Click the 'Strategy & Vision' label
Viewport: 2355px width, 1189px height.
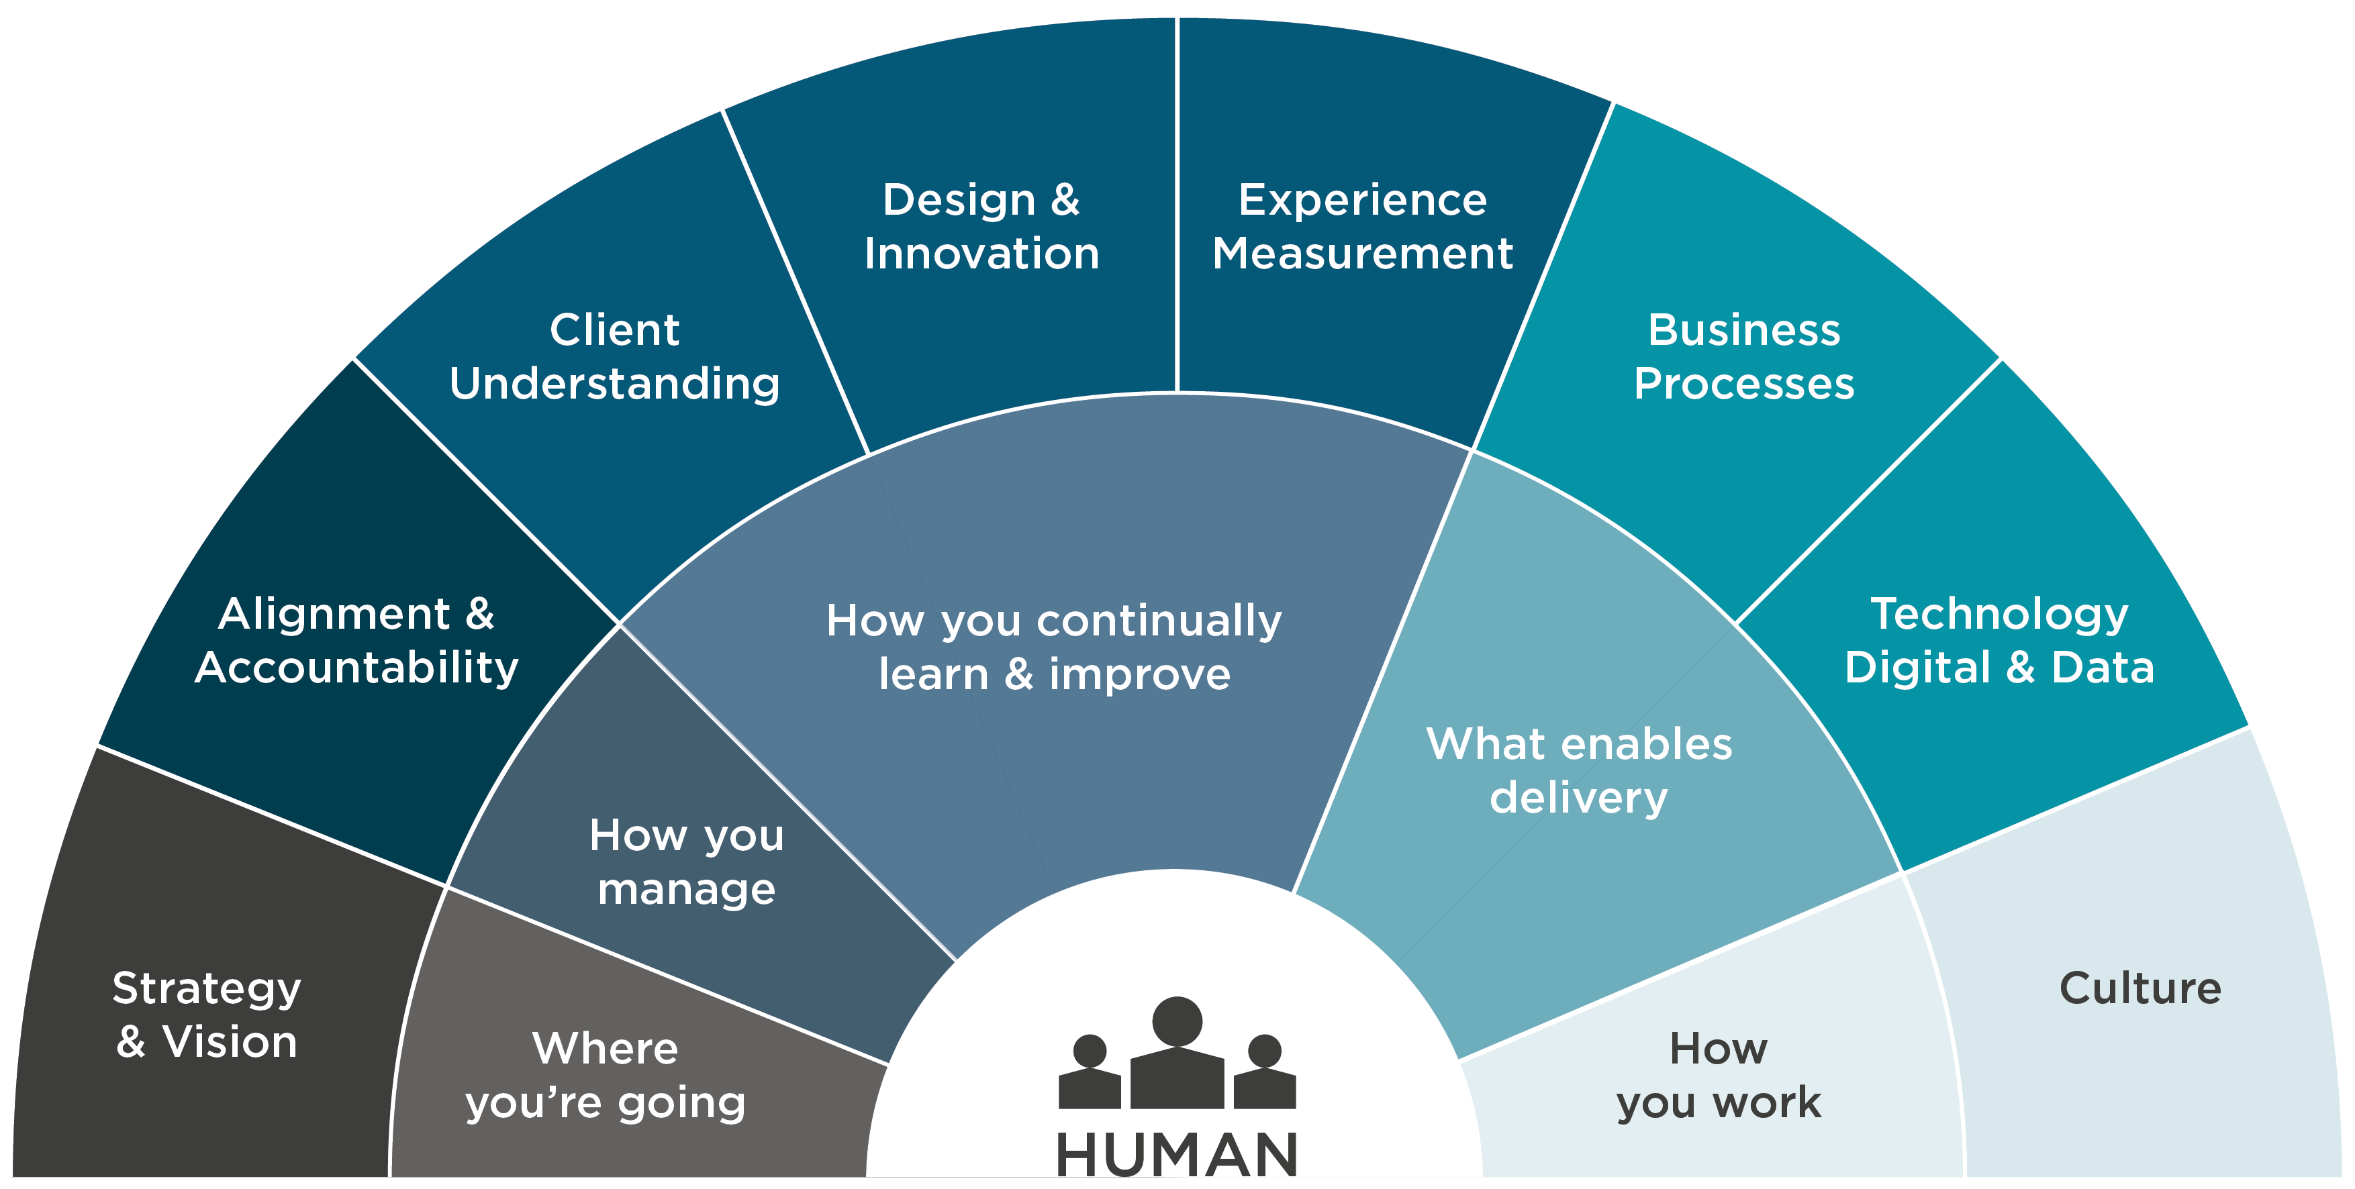pos(207,1015)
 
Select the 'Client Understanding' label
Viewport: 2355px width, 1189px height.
pos(614,356)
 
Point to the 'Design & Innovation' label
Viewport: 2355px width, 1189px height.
pos(982,227)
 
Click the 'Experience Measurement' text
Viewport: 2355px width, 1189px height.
pos(1362,227)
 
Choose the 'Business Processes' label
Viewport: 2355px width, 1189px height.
pos(1744,356)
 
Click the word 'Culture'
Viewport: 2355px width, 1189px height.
pos(2140,988)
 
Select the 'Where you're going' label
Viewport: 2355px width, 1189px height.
pos(606,1076)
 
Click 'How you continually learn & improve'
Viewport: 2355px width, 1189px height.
pos(1054,647)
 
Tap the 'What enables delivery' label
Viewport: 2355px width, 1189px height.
pos(1579,770)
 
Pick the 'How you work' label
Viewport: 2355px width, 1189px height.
pos(1719,1076)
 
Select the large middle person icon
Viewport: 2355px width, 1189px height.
pos(1177,1053)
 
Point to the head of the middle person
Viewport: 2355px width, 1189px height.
pos(1177,1021)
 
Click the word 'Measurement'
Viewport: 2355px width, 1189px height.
pos(1362,253)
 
